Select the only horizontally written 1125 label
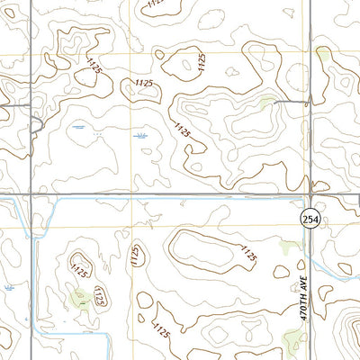pos(141,83)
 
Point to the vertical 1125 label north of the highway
pos(202,61)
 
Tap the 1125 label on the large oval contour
pos(247,254)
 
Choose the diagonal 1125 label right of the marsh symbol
pos(183,130)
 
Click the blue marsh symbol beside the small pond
pos(141,135)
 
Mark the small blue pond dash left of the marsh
pos(80,128)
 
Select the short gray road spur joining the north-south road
pos(289,102)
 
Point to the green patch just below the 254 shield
pos(290,244)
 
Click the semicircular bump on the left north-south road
pos(35,126)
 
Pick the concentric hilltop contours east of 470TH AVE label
pos(348,333)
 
